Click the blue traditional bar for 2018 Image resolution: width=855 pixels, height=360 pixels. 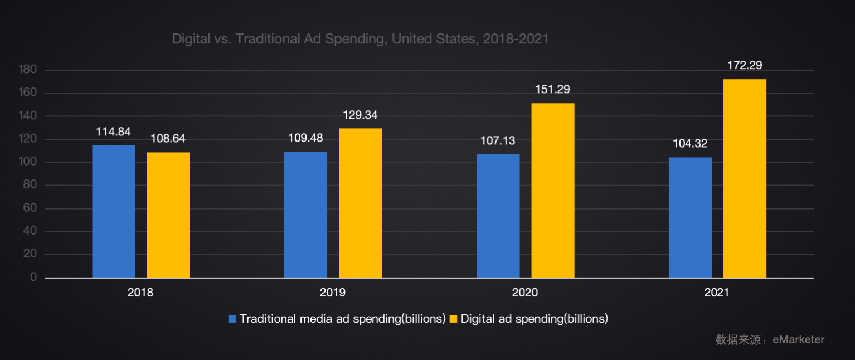click(x=114, y=211)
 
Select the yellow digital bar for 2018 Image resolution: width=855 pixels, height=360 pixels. click(x=168, y=215)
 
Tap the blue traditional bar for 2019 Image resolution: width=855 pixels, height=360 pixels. click(x=305, y=215)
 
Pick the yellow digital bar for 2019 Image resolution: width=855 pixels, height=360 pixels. click(x=360, y=203)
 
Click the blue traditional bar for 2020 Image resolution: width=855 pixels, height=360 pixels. click(x=498, y=216)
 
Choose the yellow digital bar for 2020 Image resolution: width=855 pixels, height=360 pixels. click(x=553, y=191)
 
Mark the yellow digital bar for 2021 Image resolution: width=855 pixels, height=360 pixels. click(x=745, y=178)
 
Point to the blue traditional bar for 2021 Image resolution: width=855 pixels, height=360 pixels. click(x=690, y=217)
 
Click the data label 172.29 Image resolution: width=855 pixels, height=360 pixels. click(x=745, y=66)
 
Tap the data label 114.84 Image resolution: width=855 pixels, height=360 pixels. click(x=114, y=132)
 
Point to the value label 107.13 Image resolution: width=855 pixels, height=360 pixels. click(x=498, y=140)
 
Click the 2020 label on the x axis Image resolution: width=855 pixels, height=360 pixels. click(x=525, y=292)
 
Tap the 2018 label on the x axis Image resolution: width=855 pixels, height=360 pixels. click(x=140, y=292)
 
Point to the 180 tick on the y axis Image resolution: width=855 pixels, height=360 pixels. click(x=28, y=70)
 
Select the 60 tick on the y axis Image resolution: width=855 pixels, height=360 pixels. click(x=30, y=208)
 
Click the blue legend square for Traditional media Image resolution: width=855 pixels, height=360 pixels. click(x=232, y=319)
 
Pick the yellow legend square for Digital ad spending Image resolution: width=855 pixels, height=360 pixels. click(x=453, y=319)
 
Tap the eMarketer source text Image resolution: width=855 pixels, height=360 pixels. click(x=798, y=339)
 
